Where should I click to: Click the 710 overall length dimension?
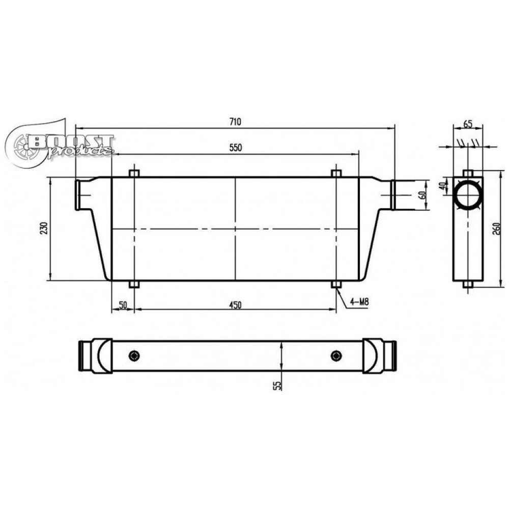(x=235, y=122)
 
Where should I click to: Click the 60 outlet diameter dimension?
(x=421, y=195)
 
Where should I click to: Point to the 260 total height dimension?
(x=497, y=229)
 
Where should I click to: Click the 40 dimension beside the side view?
(x=443, y=185)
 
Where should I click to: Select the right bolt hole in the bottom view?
(x=335, y=355)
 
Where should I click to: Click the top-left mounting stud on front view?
(x=134, y=173)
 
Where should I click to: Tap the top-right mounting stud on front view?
(x=336, y=173)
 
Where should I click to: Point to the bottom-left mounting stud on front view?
(x=134, y=284)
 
